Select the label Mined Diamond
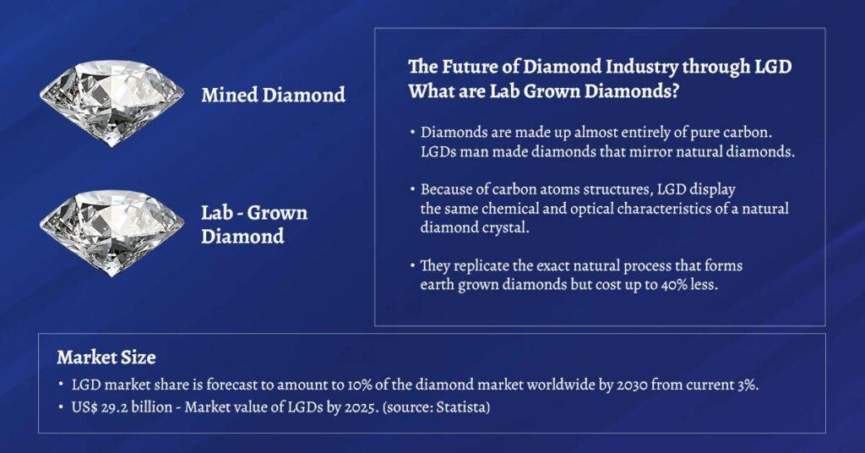[273, 95]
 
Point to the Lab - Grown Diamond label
[253, 224]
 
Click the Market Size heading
[106, 357]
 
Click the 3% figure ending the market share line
[741, 384]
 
